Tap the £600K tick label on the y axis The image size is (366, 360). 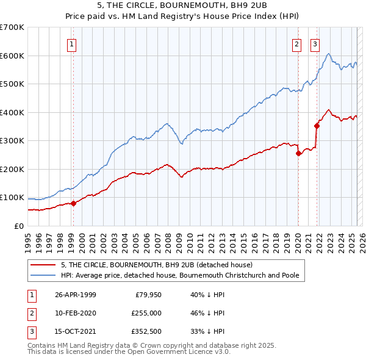tap(12, 56)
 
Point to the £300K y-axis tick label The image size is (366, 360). tap(12, 141)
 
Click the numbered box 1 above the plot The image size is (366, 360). tap(72, 43)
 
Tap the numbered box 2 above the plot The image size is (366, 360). tap(296, 43)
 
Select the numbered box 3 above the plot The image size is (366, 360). tap(315, 43)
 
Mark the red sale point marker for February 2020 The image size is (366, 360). tap(298, 154)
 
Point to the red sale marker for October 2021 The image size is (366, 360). tap(317, 126)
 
